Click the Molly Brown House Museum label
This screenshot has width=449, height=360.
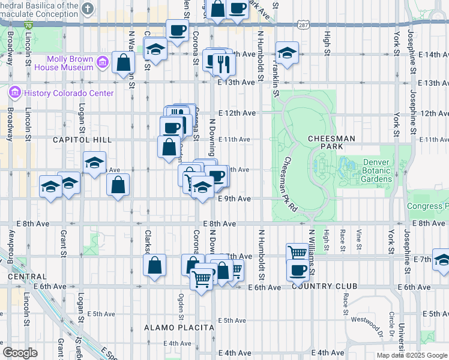point(71,63)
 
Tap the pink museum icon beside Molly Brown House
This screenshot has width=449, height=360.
point(102,62)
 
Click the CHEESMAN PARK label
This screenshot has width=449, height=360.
point(331,142)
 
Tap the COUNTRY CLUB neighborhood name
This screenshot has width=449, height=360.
point(324,286)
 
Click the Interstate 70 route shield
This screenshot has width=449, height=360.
point(29,25)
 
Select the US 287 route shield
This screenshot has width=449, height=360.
point(303,25)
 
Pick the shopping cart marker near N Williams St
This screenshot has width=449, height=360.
point(297,253)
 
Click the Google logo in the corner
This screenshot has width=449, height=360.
point(20,352)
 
